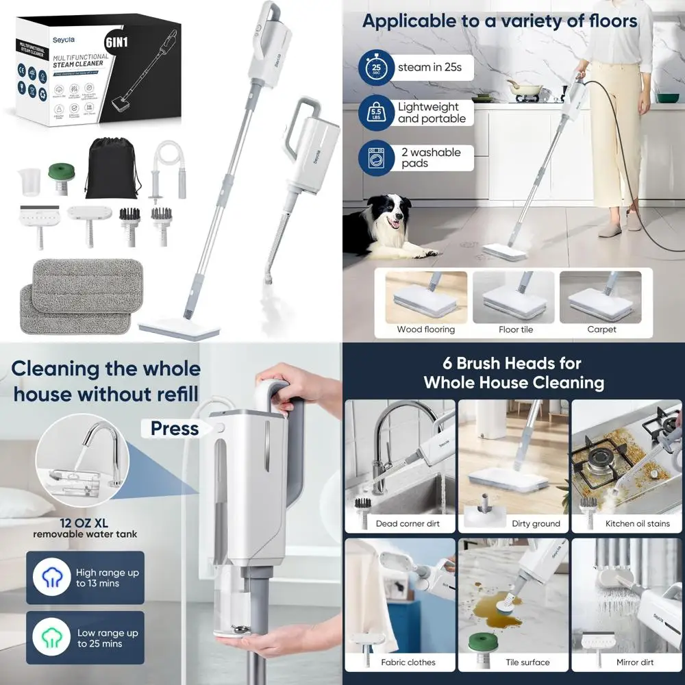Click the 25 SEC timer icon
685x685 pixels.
pyautogui.click(x=375, y=68)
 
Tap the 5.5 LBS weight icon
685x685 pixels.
pyautogui.click(x=375, y=113)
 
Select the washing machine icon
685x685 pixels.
pyautogui.click(x=375, y=158)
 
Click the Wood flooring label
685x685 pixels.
pyautogui.click(x=425, y=329)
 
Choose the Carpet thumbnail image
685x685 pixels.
pyautogui.click(x=601, y=297)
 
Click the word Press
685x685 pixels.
pyautogui.click(x=175, y=428)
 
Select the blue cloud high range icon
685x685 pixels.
pyautogui.click(x=51, y=577)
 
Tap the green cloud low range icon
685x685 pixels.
pyautogui.click(x=51, y=637)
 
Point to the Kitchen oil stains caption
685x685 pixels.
pyautogui.click(x=628, y=523)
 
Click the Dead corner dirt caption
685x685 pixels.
pyautogui.click(x=408, y=523)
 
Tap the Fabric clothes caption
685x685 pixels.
pyautogui.click(x=408, y=662)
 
